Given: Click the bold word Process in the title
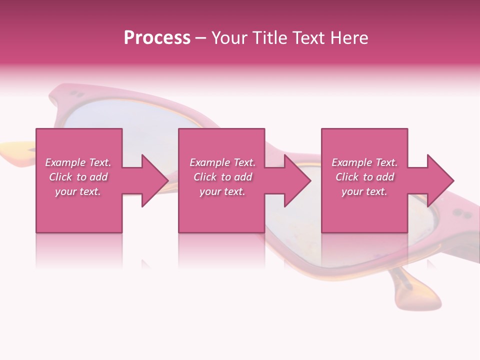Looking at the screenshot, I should (x=157, y=38).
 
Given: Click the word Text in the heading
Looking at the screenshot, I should (x=309, y=38).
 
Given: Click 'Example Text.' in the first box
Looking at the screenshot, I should (x=78, y=162).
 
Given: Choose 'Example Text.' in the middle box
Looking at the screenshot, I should (x=222, y=162).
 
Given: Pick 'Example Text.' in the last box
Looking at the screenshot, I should (x=364, y=162).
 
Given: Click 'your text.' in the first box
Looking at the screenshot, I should (x=78, y=191).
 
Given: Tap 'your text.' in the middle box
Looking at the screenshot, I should (x=222, y=191).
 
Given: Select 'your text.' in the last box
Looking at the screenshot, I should (x=364, y=191).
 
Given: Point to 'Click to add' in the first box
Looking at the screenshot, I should (x=78, y=177).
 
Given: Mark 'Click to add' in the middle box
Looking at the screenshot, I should (x=222, y=177).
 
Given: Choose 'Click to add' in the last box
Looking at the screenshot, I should (x=364, y=177).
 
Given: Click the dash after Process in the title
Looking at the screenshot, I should (x=201, y=38).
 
